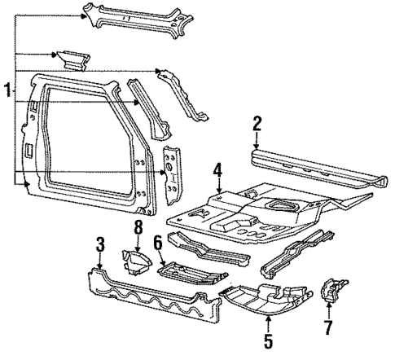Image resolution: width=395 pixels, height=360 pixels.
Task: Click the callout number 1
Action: point(7,90)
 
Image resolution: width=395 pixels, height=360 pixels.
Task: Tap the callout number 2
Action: point(257,124)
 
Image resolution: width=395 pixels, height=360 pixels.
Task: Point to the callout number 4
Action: point(217,171)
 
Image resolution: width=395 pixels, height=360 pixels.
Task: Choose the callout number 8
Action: point(138,228)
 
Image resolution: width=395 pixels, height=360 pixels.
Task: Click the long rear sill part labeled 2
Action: point(318,166)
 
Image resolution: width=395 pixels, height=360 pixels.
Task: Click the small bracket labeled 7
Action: point(334,292)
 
